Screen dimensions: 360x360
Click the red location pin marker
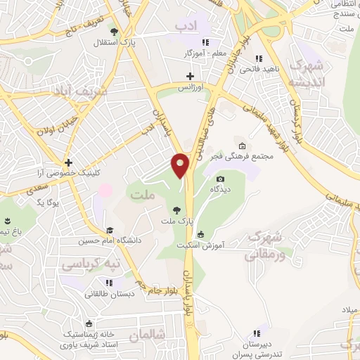pos(181,165)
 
